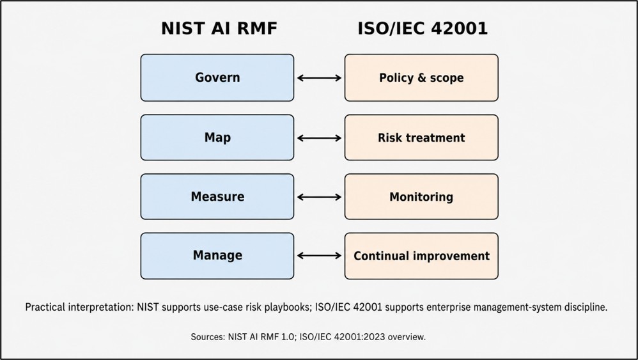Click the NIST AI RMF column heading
[x=219, y=29]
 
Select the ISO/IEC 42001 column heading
[x=423, y=29]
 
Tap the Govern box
[x=217, y=78]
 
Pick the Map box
[x=217, y=137]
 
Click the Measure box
[x=217, y=197]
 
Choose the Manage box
[x=217, y=256]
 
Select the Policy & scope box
[x=421, y=78]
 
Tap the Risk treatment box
[x=421, y=137]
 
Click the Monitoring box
[x=421, y=197]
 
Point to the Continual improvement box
[x=421, y=256]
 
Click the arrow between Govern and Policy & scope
[x=320, y=78]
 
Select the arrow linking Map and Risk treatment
[x=320, y=138]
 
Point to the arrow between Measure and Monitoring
[x=320, y=198]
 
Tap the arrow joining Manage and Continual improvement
[x=320, y=256]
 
